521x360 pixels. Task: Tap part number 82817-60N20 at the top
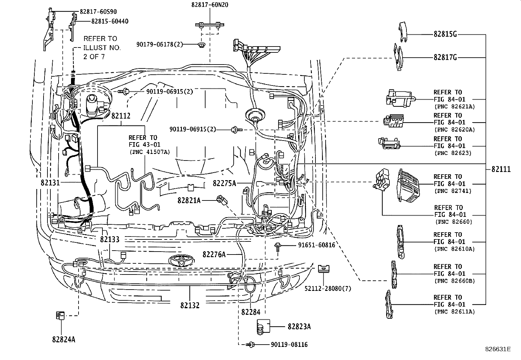coord(209,5)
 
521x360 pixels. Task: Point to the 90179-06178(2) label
coord(159,45)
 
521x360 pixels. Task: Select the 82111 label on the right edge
coord(501,169)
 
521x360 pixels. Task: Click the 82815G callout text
coord(445,34)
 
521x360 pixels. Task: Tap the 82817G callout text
coord(445,57)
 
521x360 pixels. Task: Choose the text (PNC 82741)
coord(453,191)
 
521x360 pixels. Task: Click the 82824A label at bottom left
coord(63,339)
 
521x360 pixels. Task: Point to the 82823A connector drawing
coord(262,327)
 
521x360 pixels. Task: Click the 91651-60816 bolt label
coord(316,245)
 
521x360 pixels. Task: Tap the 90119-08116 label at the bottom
coord(289,345)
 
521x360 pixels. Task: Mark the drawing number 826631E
coord(498,350)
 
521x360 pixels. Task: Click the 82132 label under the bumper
coord(190,305)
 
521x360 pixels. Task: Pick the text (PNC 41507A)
coord(145,152)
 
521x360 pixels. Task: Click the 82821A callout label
coord(189,200)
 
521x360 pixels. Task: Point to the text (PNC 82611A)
coord(454,312)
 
